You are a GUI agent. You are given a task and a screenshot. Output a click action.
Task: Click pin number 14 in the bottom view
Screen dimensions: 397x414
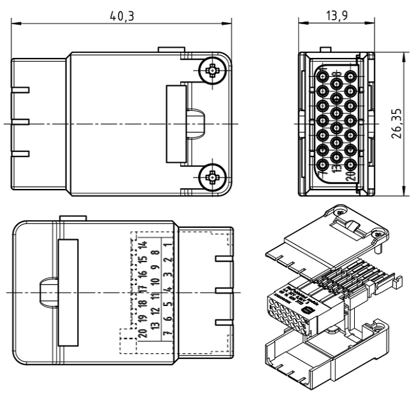tap(144, 246)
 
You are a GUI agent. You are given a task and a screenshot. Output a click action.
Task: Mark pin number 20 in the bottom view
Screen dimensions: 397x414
tap(144, 333)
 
